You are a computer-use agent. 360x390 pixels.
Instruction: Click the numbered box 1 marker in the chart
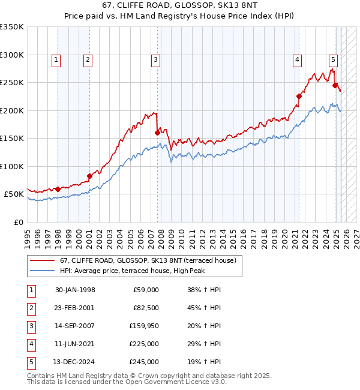pos(56,59)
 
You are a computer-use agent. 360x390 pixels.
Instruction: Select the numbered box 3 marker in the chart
pos(155,59)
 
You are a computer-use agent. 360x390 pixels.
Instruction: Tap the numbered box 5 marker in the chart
pos(333,59)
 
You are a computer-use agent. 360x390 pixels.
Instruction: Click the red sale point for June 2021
pos(299,96)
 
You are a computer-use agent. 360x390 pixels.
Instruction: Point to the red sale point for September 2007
pos(157,133)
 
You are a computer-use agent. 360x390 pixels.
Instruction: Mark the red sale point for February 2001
pos(89,176)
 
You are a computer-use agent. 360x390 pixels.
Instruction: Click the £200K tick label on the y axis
pos(12,110)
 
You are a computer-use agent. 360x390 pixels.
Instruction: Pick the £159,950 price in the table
pos(145,326)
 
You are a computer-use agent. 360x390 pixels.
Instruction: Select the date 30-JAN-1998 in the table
pos(75,290)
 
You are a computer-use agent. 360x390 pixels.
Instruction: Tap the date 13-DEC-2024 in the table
pos(75,362)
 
